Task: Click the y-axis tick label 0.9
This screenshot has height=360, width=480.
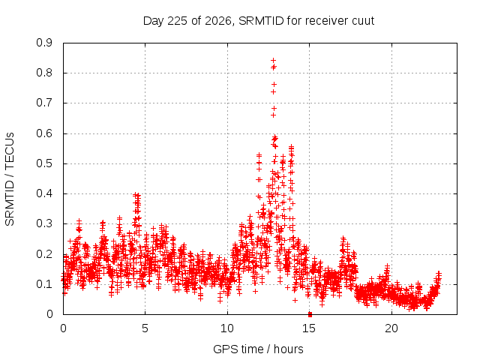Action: (x=44, y=43)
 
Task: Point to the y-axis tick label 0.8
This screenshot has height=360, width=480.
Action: (x=44, y=73)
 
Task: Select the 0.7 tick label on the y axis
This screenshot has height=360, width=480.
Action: (x=44, y=103)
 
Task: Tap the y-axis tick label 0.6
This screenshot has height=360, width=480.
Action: (x=44, y=133)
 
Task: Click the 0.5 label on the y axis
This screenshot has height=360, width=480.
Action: (x=44, y=163)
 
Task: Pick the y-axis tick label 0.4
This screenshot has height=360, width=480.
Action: (x=44, y=193)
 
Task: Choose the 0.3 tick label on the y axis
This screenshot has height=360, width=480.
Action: (x=44, y=223)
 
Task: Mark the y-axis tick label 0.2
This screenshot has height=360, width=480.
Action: (x=44, y=254)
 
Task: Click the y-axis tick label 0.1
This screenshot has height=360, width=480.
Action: (x=44, y=284)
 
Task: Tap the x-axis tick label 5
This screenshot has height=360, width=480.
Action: (x=145, y=328)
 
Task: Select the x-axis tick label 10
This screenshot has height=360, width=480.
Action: (x=227, y=328)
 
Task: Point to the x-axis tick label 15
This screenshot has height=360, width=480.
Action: (x=309, y=328)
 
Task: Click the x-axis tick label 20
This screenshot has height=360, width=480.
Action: (x=391, y=328)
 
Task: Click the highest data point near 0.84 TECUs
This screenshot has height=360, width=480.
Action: (x=273, y=61)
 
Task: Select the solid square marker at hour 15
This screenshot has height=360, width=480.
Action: (x=310, y=314)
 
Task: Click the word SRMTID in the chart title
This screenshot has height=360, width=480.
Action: (x=262, y=21)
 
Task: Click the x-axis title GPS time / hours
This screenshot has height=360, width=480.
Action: (x=258, y=349)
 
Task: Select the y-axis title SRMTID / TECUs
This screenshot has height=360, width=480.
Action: (x=10, y=179)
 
